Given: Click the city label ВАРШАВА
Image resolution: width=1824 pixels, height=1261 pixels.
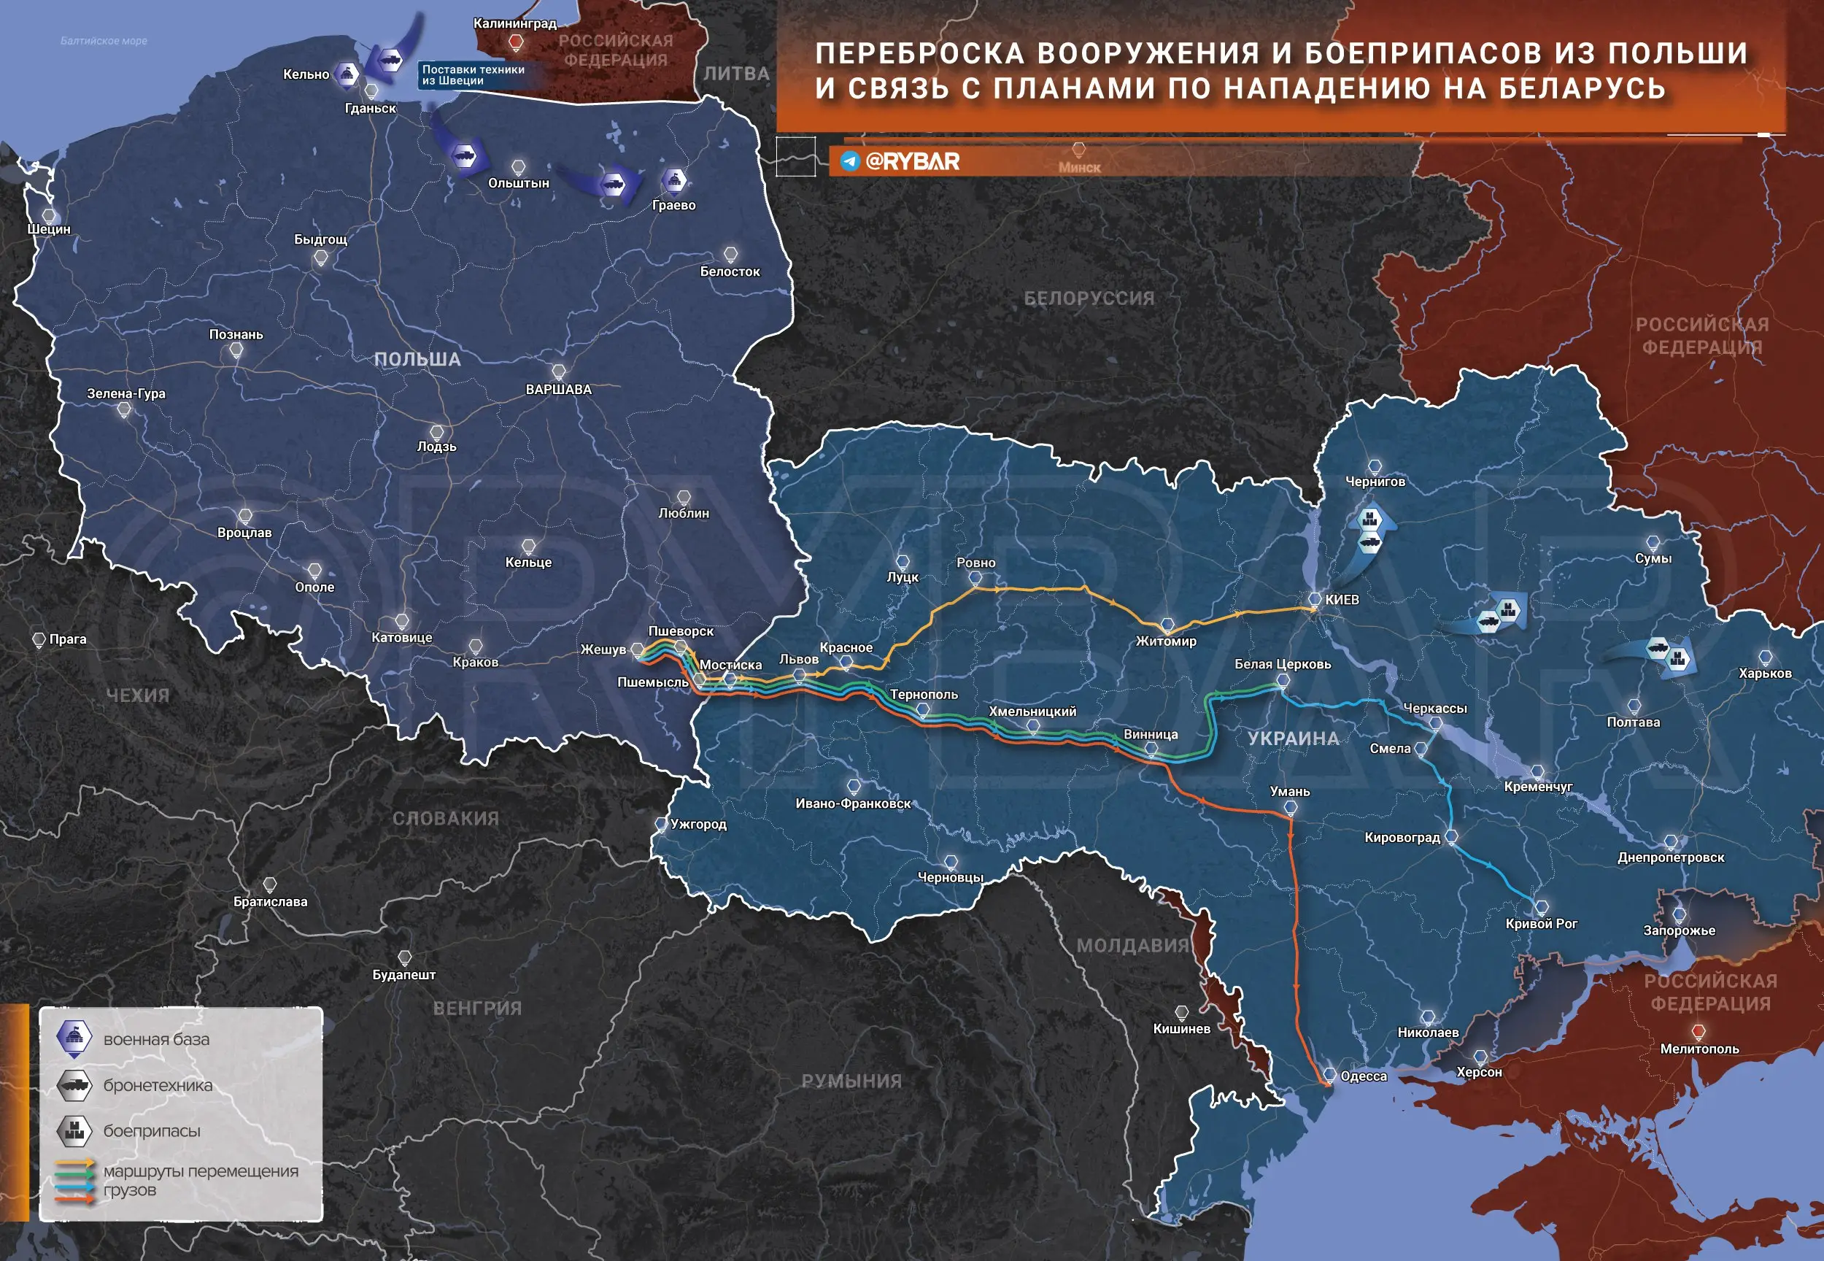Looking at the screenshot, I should pos(558,390).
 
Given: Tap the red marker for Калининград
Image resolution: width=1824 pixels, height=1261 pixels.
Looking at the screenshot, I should pos(516,42).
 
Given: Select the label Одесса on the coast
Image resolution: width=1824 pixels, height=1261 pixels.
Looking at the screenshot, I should pos(1364,1076).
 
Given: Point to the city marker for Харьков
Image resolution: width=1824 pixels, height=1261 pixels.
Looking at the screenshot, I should pos(1765,658).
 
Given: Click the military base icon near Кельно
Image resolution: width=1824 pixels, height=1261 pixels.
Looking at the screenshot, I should pos(346,74).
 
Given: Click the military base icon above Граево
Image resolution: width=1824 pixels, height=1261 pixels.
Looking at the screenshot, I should pos(673,180).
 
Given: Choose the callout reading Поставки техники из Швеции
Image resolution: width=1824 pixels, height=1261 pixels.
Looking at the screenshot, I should pos(472,75).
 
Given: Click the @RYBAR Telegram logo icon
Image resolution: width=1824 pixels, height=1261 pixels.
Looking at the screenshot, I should pos(850,161).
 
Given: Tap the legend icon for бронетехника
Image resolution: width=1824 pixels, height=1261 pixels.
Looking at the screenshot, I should pos(74,1085).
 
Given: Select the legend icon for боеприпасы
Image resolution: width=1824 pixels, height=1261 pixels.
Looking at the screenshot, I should pos(74,1130).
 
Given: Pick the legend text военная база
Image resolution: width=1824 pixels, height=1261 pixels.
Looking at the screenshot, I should pos(156,1040).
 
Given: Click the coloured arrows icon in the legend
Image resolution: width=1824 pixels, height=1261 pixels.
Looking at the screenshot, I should pos(75,1181).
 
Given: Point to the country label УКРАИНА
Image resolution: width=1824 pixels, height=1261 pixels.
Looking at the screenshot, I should pos(1293,739).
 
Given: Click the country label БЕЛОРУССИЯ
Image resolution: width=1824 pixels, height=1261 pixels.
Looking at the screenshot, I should pos(1089,298).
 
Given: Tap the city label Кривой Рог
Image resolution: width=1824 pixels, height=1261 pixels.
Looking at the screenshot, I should pos(1540,924).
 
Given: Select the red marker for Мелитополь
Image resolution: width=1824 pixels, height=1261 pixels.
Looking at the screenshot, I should pos(1699,1032).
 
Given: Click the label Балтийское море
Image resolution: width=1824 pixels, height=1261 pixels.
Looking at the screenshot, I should pos(104,41).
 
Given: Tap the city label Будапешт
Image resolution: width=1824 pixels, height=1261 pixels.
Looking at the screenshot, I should pos(403,975).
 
